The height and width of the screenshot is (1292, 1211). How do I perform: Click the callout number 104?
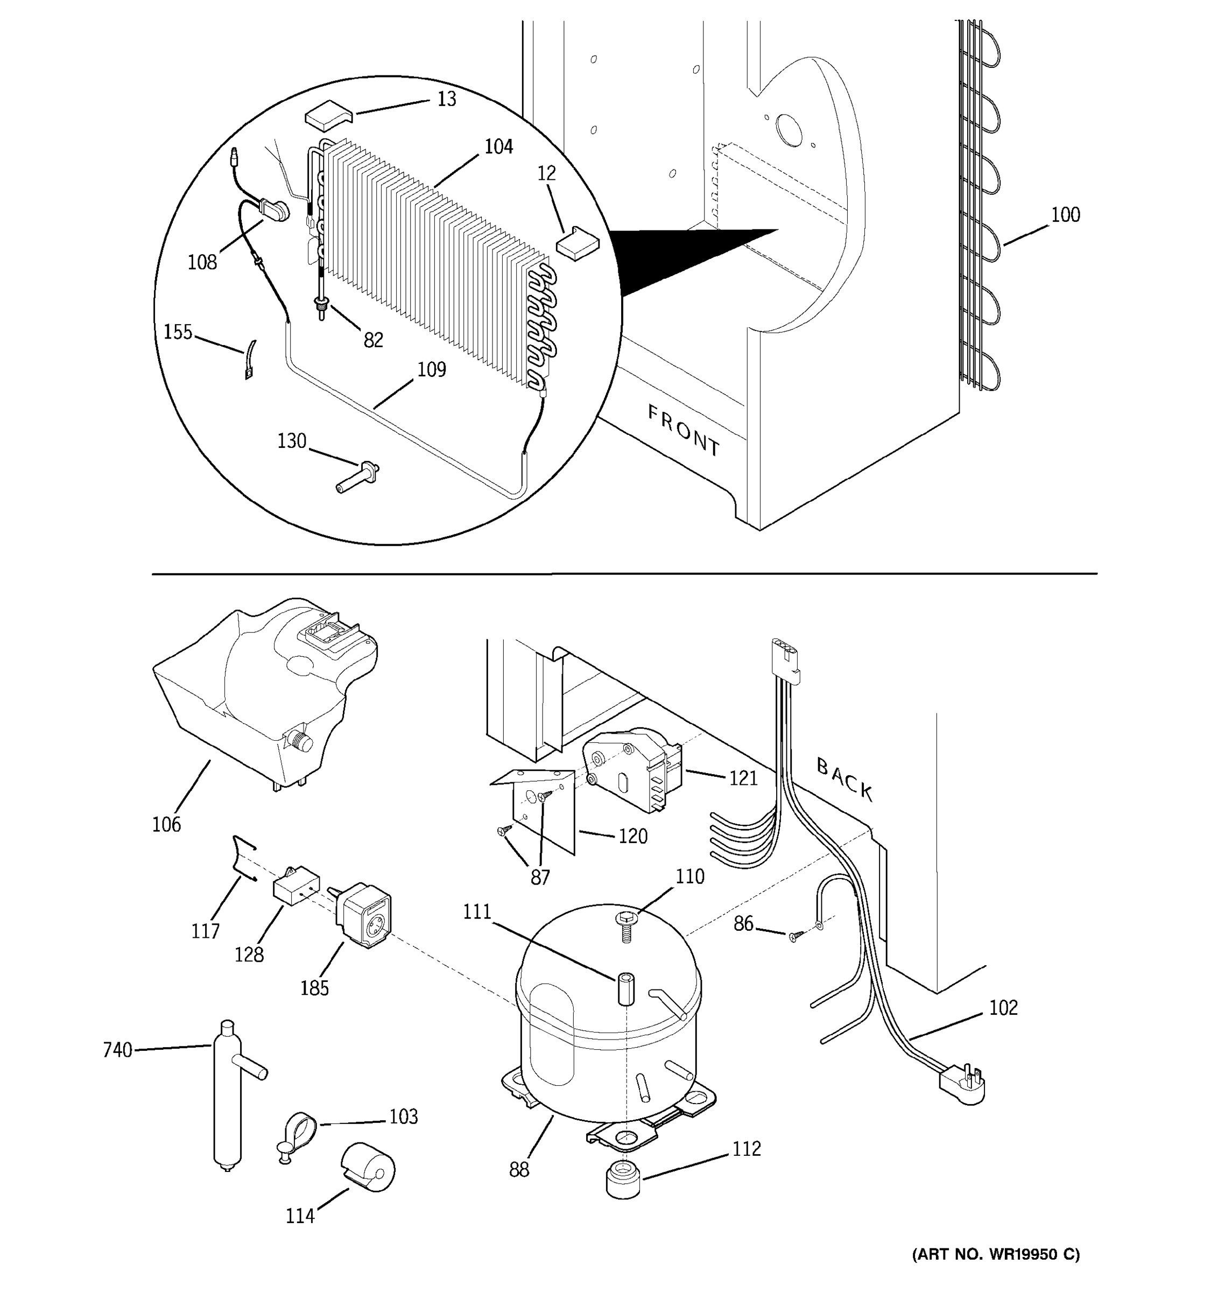click(x=498, y=147)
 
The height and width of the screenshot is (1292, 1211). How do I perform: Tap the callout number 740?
click(x=117, y=1050)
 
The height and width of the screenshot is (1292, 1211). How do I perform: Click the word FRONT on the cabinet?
click(x=684, y=430)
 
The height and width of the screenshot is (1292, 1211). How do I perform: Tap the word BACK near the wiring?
click(x=844, y=779)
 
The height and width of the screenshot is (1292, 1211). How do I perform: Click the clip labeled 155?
click(x=250, y=360)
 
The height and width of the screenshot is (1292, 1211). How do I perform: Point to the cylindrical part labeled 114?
click(x=368, y=1168)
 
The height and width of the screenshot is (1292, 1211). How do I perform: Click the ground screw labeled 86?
click(x=794, y=935)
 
